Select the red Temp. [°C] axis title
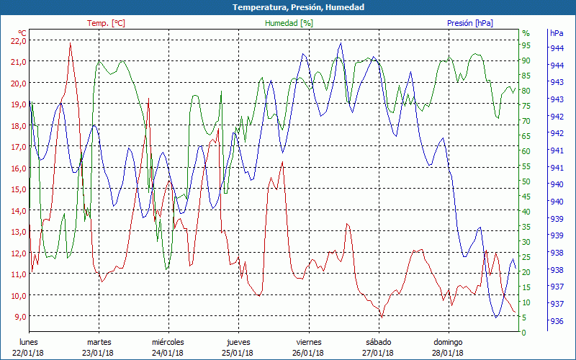tap(106, 23)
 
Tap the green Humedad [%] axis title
tap(289, 23)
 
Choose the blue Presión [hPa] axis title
tap(469, 23)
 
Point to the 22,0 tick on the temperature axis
tap(18, 40)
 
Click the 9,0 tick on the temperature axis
tap(18, 316)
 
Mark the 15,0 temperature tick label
tap(18, 189)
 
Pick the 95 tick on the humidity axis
tap(526, 45)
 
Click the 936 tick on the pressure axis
tap(557, 321)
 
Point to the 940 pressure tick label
tap(557, 184)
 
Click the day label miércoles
tap(168, 342)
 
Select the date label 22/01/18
tap(28, 352)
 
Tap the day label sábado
tap(378, 342)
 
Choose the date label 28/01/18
tap(448, 352)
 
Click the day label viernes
tap(308, 342)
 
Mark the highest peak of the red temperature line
tap(70, 43)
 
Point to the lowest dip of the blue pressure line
tap(496, 317)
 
